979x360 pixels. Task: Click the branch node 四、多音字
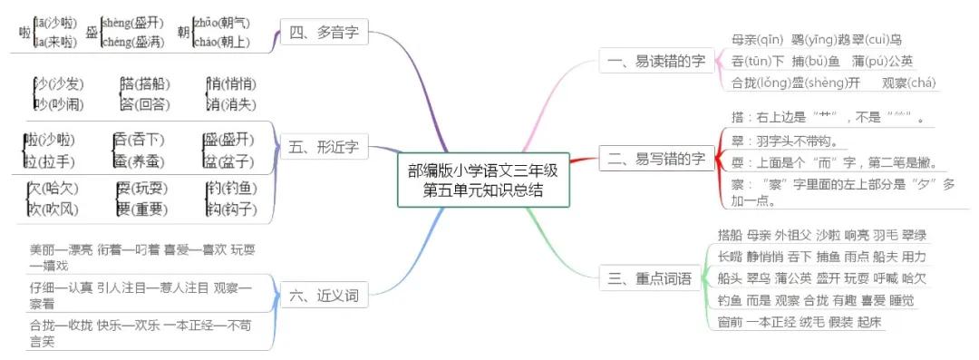[x=323, y=34]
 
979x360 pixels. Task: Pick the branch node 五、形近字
[x=323, y=146]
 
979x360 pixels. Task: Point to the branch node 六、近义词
[x=323, y=295]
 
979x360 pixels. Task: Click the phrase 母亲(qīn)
[x=757, y=40]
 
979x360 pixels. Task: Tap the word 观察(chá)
[x=909, y=83]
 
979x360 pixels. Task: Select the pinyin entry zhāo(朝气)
[x=220, y=23]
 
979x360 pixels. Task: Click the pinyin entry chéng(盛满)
[x=132, y=42]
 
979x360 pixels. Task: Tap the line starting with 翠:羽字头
[x=783, y=141]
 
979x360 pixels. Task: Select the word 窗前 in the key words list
[x=730, y=323]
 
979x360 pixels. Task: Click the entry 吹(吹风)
[x=53, y=209]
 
